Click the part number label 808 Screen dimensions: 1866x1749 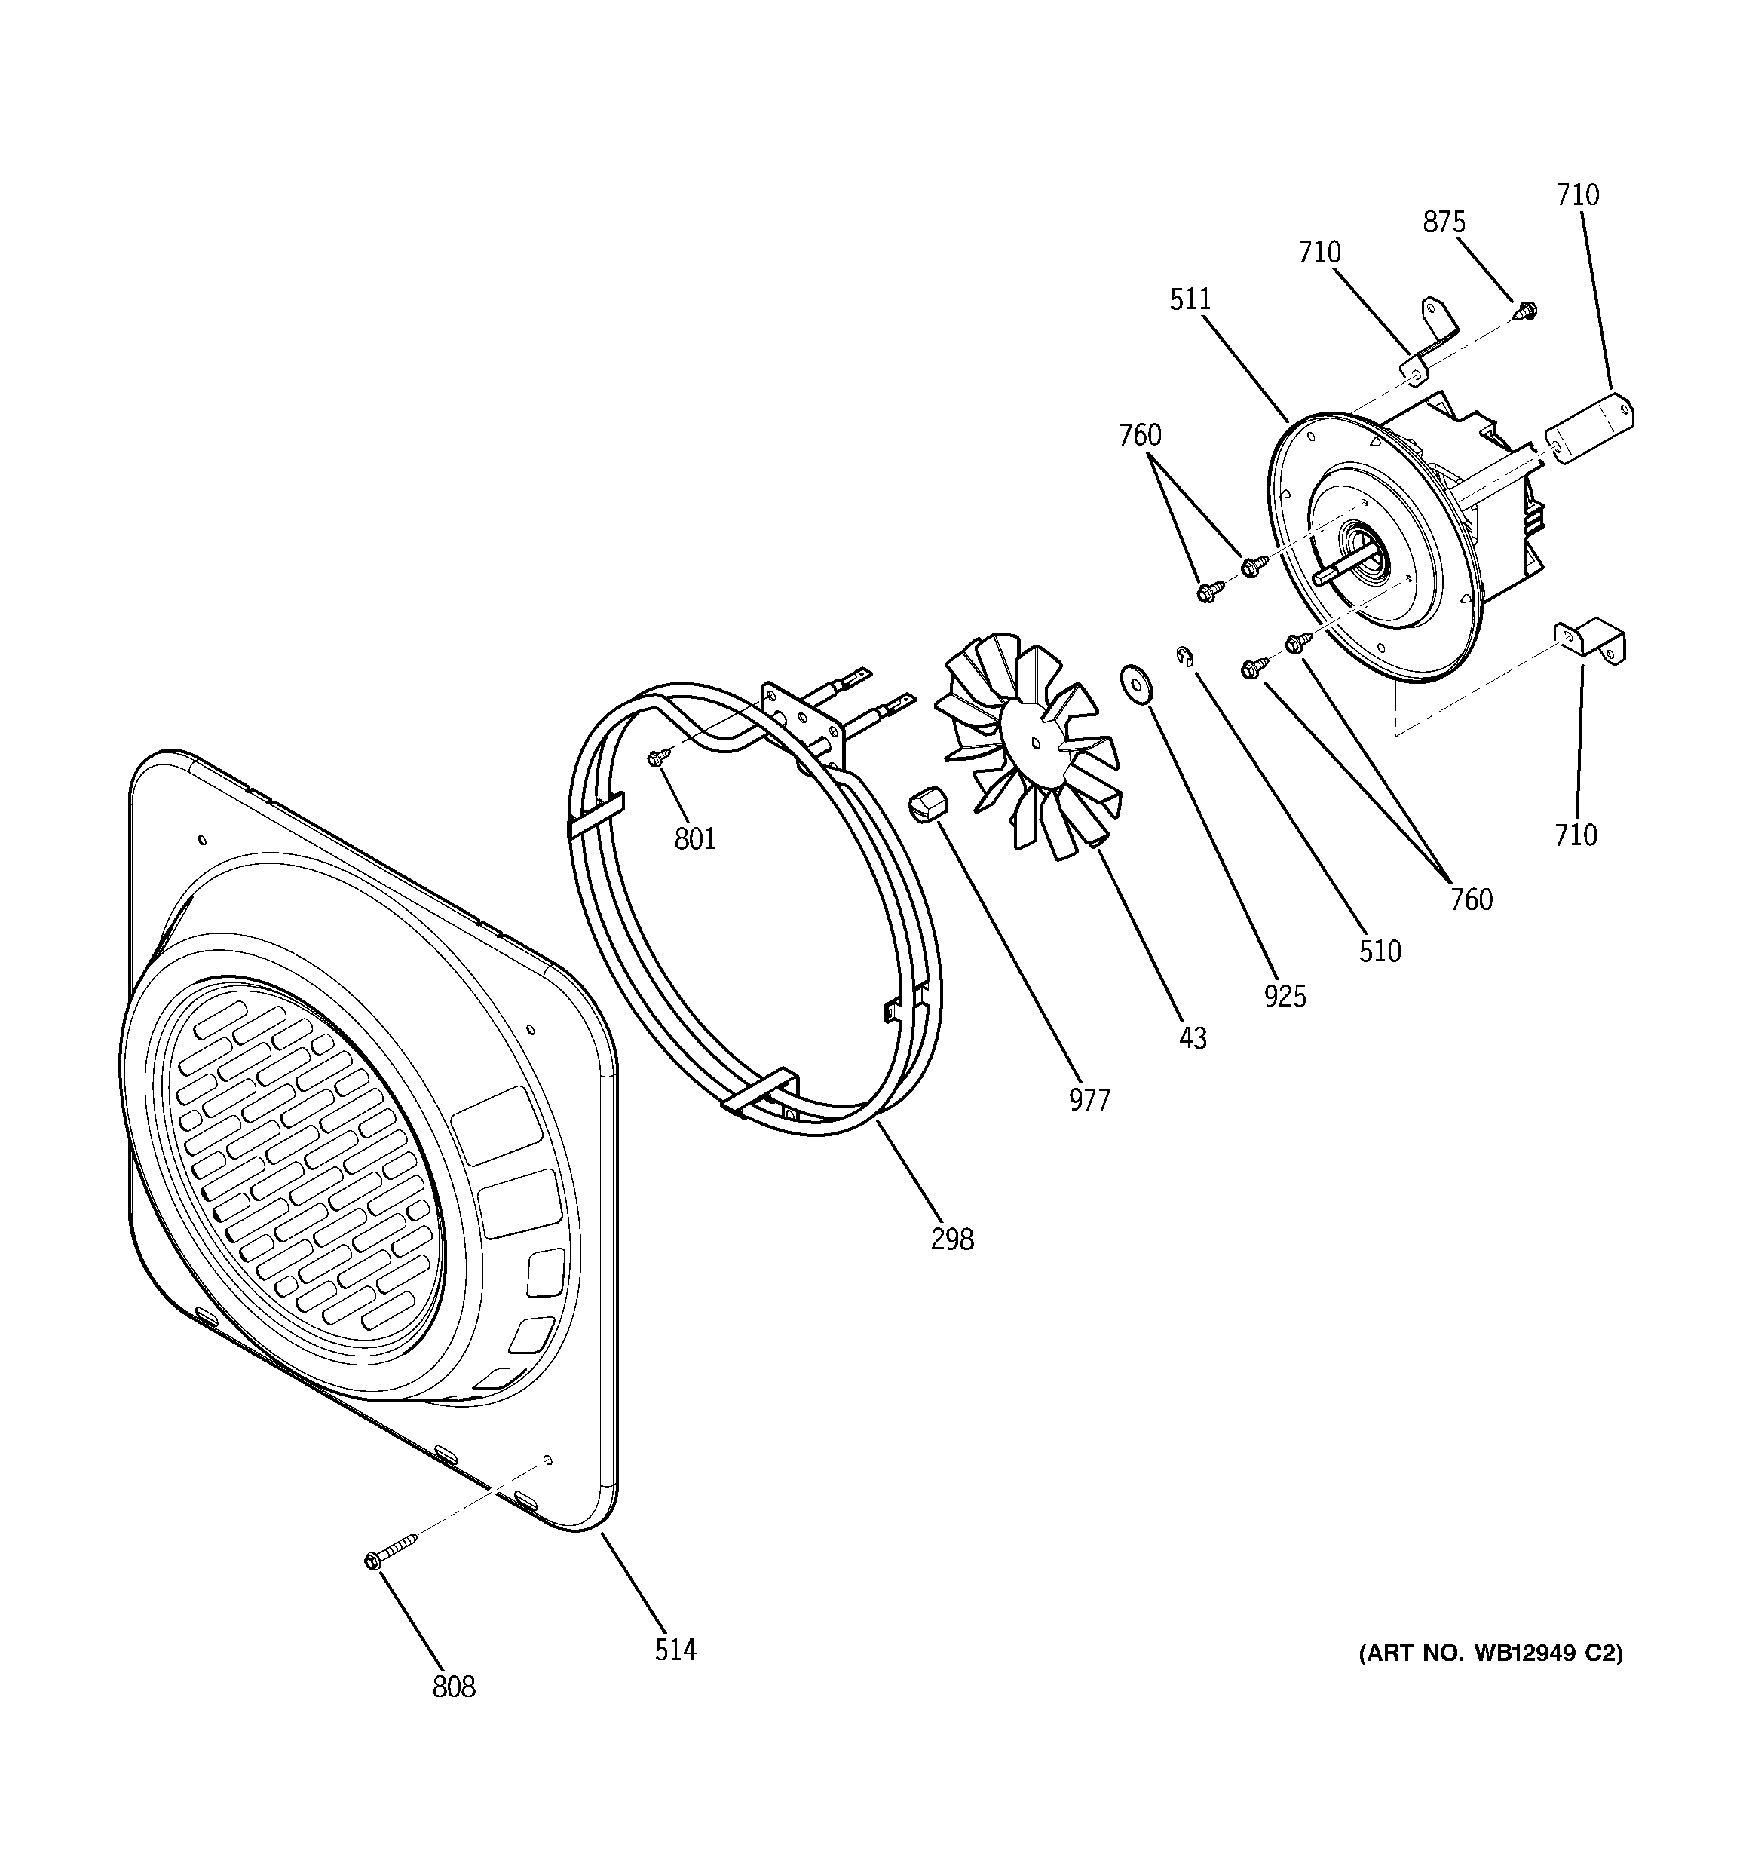[x=453, y=1687]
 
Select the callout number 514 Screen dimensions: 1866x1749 [x=675, y=1649]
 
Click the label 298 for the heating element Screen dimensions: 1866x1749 [x=952, y=1239]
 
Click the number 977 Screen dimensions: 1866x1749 [x=1089, y=1100]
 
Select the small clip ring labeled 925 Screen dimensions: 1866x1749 [x=1186, y=656]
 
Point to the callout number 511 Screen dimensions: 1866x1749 [x=1190, y=299]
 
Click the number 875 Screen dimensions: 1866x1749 [x=1444, y=222]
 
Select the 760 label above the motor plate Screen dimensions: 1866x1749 [x=1140, y=436]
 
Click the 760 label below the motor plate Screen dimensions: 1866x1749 [x=1471, y=900]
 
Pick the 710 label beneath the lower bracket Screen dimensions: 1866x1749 [x=1576, y=835]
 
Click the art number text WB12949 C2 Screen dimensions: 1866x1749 [x=1491, y=1653]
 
